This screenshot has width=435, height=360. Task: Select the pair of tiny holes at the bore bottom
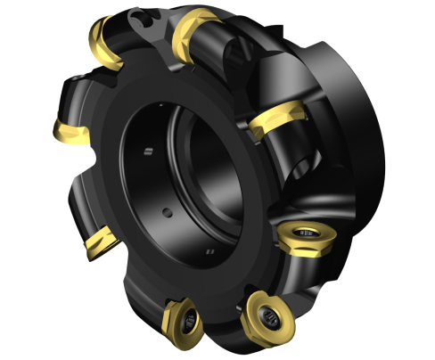tap(209, 253)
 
